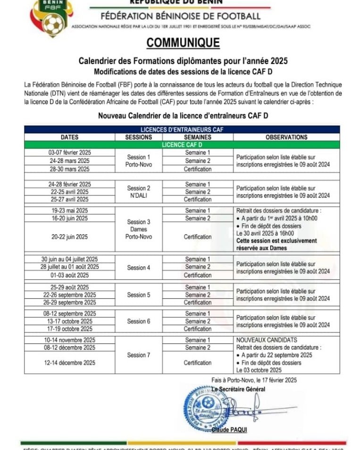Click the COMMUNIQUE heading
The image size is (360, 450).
[183, 42]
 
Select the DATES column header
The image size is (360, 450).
[70, 137]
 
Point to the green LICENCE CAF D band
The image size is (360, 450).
[182, 144]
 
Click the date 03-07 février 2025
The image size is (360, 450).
[70, 153]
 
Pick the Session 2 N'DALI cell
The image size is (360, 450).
[139, 192]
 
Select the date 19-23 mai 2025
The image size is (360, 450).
[70, 211]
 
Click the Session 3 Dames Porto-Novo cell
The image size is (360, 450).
[139, 229]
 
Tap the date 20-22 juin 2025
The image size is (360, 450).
[70, 237]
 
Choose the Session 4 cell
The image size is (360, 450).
[139, 267]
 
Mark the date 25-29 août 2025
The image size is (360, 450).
[70, 287]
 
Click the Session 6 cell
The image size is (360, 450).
[139, 321]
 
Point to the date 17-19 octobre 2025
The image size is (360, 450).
[70, 329]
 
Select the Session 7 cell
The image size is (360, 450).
[139, 355]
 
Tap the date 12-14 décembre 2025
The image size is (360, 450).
[70, 363]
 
